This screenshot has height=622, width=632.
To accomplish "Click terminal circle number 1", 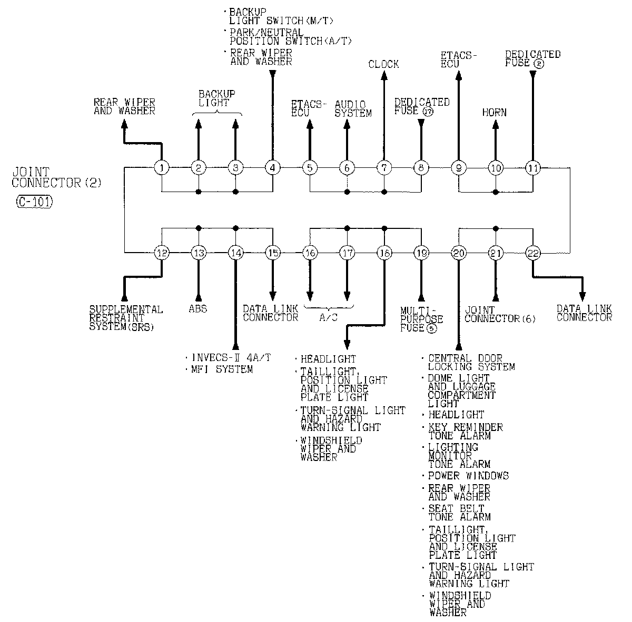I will coord(162,168).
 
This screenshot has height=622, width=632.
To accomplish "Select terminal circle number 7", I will coord(384,168).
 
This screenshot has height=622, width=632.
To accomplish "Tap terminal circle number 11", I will coord(532,168).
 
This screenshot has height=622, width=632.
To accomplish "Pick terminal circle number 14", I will coord(235,253).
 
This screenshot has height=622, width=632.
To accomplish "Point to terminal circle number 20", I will coord(459,253).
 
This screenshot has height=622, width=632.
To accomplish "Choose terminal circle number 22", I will coord(533,253).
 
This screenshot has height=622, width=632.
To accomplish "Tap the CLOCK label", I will coord(383,64).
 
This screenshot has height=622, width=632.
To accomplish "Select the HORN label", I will coord(495,112).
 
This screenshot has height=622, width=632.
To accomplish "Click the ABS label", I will coord(198,309).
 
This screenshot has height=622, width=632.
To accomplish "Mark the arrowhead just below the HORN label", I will coord(495,124).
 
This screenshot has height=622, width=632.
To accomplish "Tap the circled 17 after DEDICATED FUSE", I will coord(428,111).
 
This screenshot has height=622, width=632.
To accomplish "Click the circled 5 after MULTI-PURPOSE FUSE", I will coord(432,328).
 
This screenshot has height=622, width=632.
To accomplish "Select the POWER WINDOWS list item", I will coord(468,476).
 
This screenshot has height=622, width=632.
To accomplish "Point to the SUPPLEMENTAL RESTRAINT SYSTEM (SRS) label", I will coord(126,318).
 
